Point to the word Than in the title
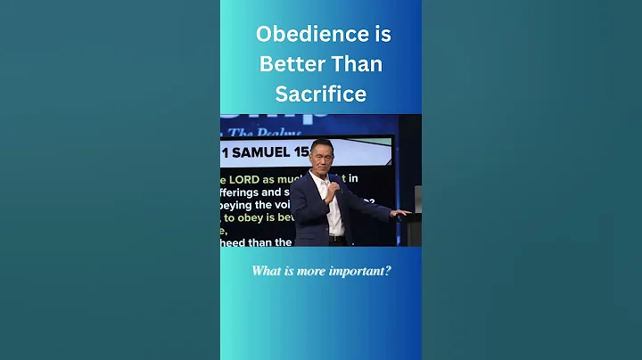[x=361, y=64]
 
